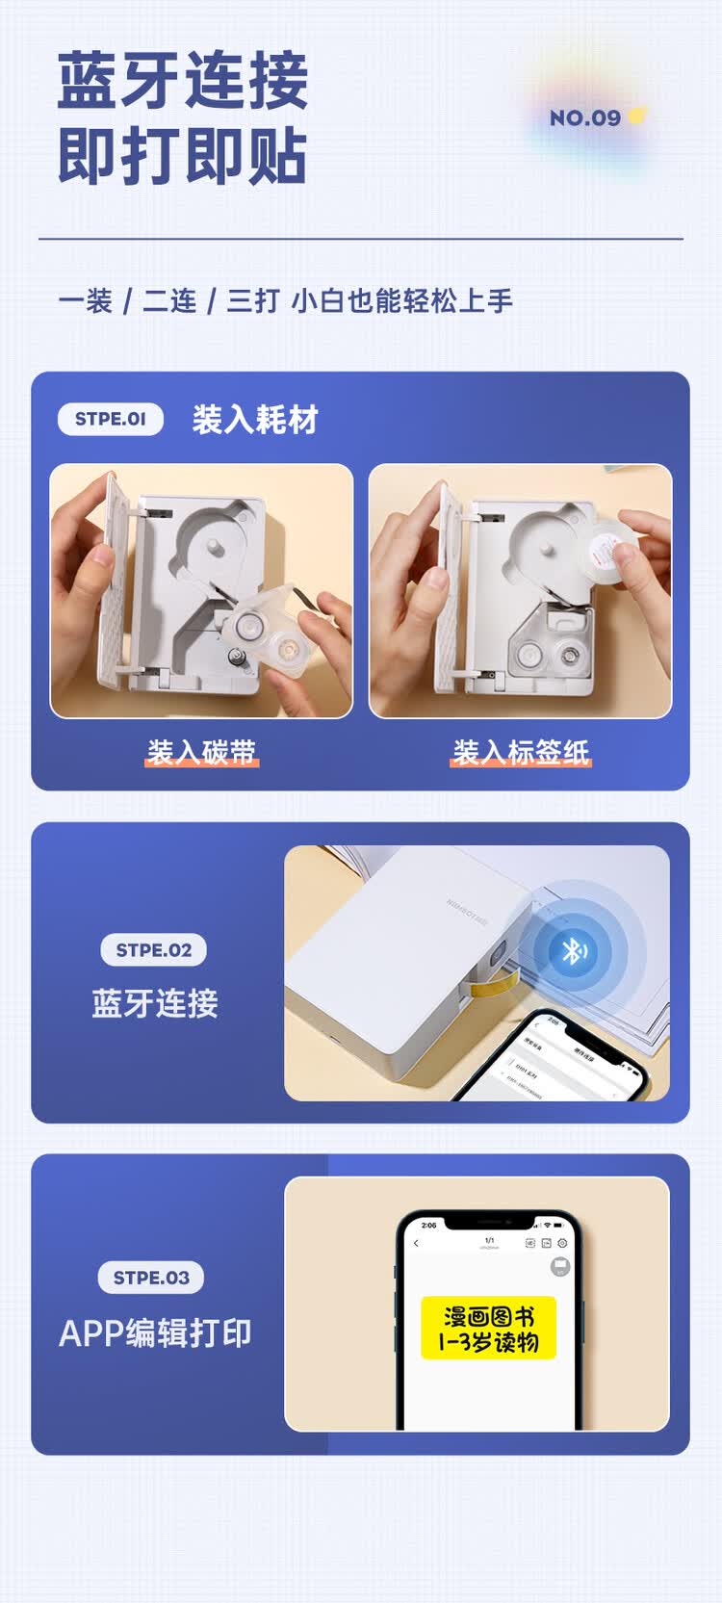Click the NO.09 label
585,118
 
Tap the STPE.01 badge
111,419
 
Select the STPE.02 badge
154,950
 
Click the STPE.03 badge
151,1278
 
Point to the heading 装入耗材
255,420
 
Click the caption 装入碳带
201,752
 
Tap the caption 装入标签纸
521,752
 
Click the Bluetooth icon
574,951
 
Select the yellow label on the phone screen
488,1329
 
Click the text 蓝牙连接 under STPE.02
154,1003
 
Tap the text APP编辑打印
155,1333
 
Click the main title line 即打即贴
182,156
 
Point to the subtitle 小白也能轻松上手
401,301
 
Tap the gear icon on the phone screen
562,1243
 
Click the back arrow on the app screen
416,1243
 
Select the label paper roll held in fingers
608,548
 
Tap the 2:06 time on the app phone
428,1225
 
